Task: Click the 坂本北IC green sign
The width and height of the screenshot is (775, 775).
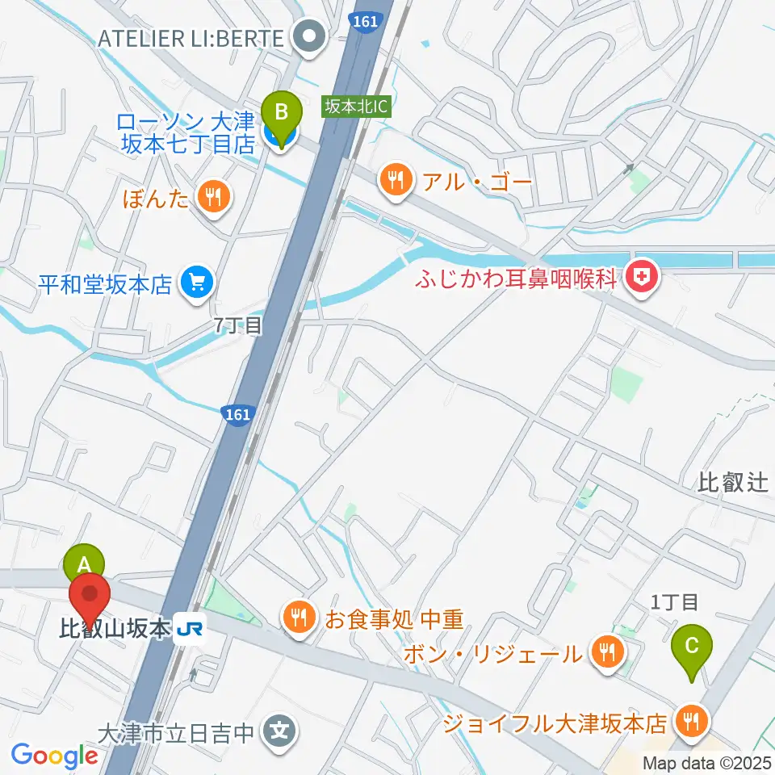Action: (357, 107)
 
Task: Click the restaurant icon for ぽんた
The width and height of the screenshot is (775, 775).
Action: (214, 198)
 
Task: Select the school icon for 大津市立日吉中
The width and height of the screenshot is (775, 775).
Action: (279, 733)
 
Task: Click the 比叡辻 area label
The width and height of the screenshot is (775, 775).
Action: (733, 484)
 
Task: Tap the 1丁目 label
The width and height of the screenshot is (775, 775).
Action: (674, 601)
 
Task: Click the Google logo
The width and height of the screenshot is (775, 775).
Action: (54, 756)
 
